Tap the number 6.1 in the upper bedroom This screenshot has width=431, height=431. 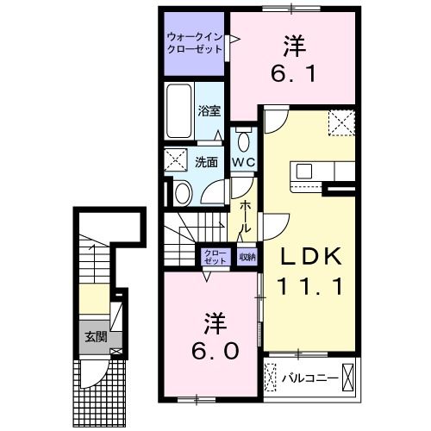point(292,74)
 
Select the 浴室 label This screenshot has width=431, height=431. point(209,110)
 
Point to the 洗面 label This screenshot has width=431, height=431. point(206,161)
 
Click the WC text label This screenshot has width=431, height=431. point(243,162)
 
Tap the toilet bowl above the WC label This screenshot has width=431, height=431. point(244,141)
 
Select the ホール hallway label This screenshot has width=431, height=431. point(246,215)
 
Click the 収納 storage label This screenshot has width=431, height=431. point(247,255)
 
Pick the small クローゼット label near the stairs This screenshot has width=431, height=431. point(215,256)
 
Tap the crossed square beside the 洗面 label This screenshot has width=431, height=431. point(178,160)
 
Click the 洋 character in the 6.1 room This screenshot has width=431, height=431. point(292,43)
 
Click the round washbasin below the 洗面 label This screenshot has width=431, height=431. point(182,192)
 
